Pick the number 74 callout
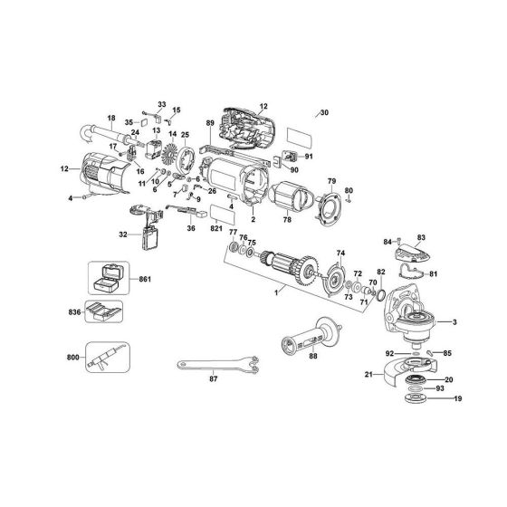tap(341, 253)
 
